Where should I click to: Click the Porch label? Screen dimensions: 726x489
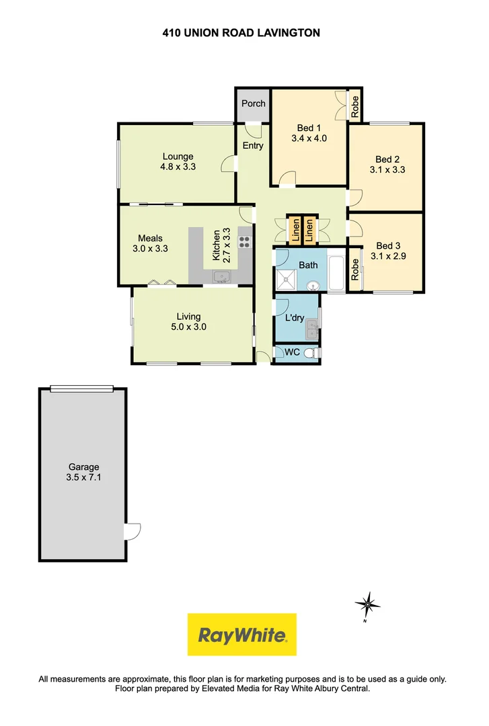tap(254, 104)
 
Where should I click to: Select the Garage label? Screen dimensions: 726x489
tap(83, 467)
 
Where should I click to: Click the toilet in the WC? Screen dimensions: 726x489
tap(311, 353)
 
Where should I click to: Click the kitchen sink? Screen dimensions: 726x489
tap(221, 276)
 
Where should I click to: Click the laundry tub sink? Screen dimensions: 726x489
tap(312, 329)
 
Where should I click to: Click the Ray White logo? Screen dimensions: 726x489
tap(242, 635)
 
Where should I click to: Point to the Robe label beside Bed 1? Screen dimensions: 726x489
tap(354, 106)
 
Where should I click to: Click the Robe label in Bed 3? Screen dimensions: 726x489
tap(355, 270)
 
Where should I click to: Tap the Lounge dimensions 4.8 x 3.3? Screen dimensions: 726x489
tap(178, 167)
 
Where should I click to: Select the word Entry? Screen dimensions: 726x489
tap(253, 146)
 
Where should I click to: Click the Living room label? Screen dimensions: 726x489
tap(188, 317)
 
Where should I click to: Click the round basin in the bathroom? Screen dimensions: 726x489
tap(313, 286)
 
